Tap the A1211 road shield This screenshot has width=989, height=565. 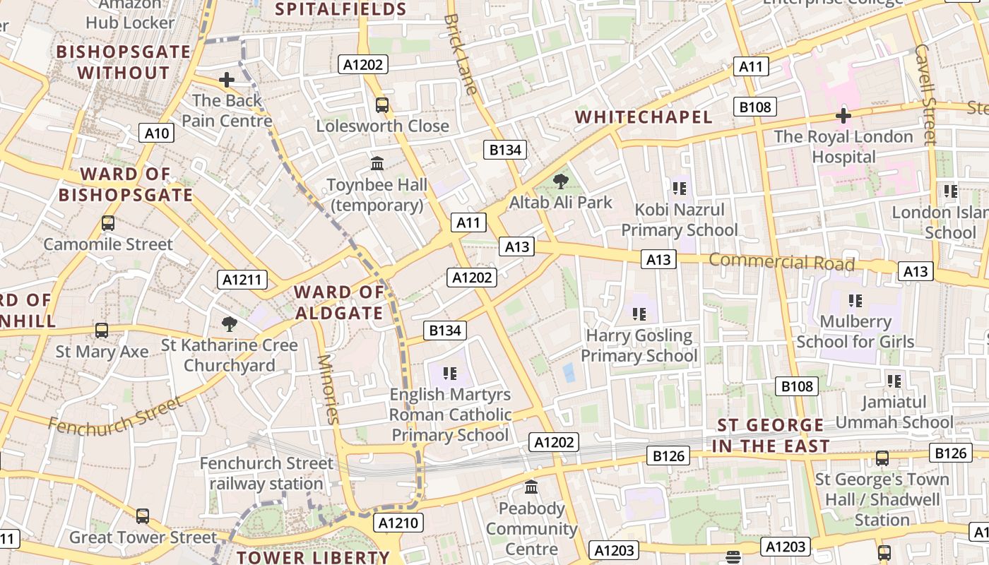pyautogui.click(x=242, y=280)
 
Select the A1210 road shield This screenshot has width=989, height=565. pyautogui.click(x=399, y=523)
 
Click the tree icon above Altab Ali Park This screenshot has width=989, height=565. pyautogui.click(x=561, y=182)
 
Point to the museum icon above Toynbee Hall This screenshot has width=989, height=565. pyautogui.click(x=377, y=164)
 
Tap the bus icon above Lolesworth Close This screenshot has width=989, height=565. pyautogui.click(x=382, y=105)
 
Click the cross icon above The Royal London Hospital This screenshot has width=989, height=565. pyautogui.click(x=843, y=115)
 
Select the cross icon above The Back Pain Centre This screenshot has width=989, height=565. pyautogui.click(x=226, y=80)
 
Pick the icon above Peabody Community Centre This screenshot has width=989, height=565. pyautogui.click(x=531, y=487)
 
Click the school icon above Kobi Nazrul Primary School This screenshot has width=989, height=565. pyautogui.click(x=680, y=189)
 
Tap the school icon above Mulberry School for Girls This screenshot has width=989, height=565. pyautogui.click(x=855, y=301)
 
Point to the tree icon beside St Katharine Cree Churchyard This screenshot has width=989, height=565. pyautogui.click(x=229, y=324)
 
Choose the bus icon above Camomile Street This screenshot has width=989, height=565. pyautogui.click(x=108, y=223)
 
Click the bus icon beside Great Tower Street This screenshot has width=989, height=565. pyautogui.click(x=143, y=516)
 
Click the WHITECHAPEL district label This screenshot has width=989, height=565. pyautogui.click(x=644, y=117)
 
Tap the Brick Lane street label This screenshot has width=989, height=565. pyautogui.click(x=461, y=53)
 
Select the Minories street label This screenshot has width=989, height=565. pyautogui.click(x=328, y=388)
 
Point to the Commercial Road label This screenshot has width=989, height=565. pyautogui.click(x=781, y=262)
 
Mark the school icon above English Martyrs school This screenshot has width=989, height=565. pyautogui.click(x=450, y=372)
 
